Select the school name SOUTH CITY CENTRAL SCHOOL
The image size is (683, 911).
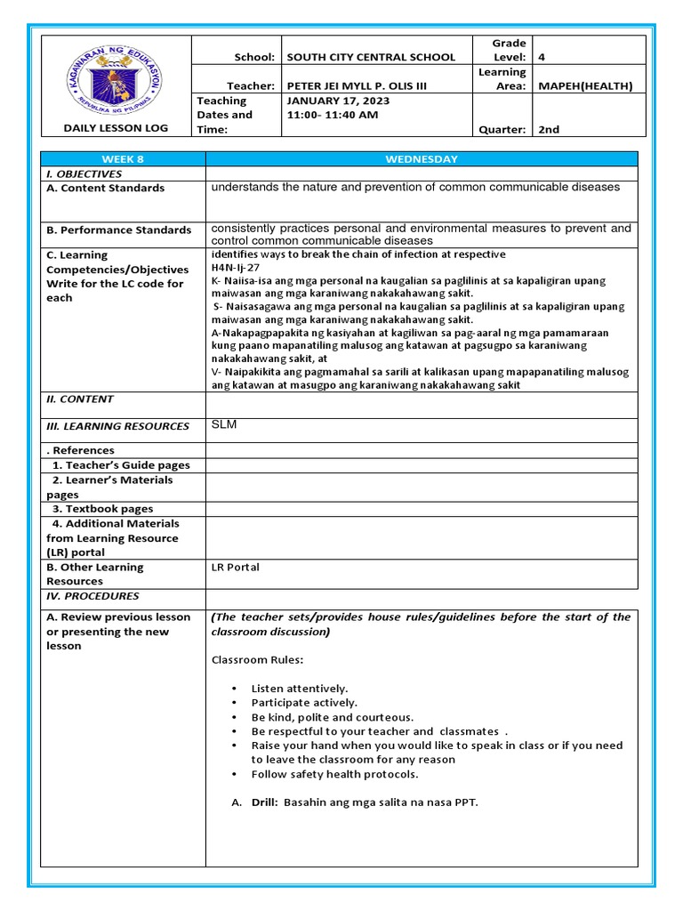370,57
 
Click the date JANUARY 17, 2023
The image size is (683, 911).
338,101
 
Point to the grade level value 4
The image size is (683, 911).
541,57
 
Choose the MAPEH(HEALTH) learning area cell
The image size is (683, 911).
585,86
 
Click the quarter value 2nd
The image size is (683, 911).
549,129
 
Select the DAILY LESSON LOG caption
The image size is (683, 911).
116,128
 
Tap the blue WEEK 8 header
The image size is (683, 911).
123,159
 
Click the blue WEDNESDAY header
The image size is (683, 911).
422,159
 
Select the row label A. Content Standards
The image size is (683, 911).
105,188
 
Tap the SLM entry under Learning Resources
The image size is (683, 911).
224,424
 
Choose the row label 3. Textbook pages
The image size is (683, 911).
102,509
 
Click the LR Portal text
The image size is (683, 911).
236,567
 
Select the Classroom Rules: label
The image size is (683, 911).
257,660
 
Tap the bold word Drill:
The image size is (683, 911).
269,802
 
